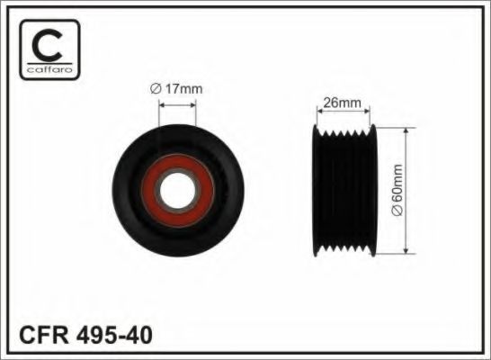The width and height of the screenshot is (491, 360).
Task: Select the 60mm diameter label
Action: click(423, 189)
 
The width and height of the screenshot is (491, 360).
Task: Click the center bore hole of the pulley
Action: click(177, 190)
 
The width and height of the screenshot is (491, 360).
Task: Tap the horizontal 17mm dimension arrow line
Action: click(177, 102)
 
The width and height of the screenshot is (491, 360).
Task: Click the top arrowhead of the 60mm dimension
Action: click(410, 131)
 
